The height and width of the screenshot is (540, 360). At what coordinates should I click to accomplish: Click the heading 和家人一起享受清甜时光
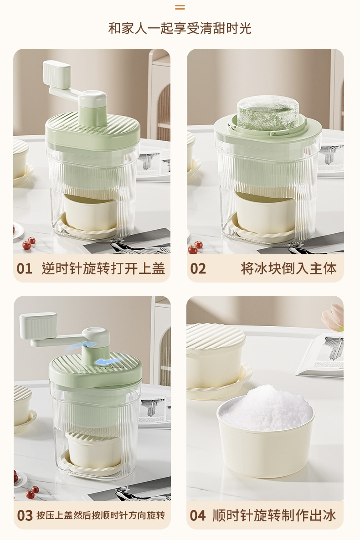coord(180,28)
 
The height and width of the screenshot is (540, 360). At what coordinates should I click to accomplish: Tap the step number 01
coord(25,268)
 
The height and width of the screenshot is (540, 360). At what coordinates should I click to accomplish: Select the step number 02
coord(198,268)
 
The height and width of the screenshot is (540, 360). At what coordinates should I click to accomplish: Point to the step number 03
coord(25,515)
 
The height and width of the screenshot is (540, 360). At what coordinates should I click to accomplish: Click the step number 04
coord(198,515)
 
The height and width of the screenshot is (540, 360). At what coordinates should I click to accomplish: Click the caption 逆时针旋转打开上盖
coord(103,268)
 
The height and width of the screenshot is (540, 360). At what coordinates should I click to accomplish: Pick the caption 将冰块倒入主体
coord(288,268)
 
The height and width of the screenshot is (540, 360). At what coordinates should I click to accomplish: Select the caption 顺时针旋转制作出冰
coord(274,515)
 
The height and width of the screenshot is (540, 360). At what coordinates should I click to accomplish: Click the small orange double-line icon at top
coord(180,7)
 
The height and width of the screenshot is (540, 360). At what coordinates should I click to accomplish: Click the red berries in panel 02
coord(195,247)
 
